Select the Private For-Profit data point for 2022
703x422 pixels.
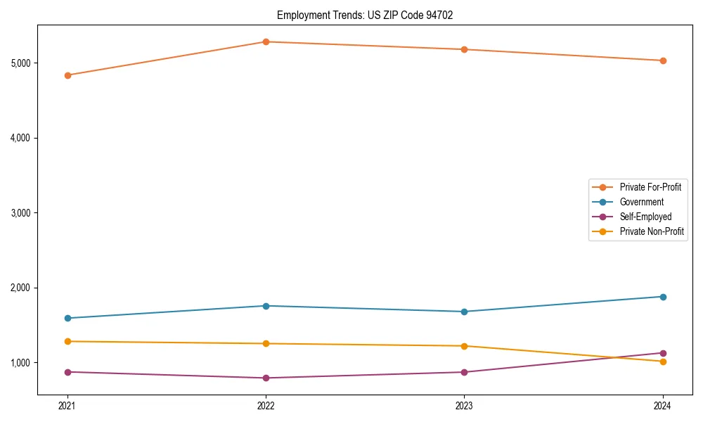pyautogui.click(x=266, y=41)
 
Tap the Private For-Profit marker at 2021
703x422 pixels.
pyautogui.click(x=67, y=75)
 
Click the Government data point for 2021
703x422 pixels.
pyautogui.click(x=67, y=318)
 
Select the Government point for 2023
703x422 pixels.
pyautogui.click(x=464, y=312)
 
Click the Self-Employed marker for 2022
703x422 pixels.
pyautogui.click(x=266, y=378)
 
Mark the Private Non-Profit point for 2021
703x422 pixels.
pyautogui.click(x=67, y=341)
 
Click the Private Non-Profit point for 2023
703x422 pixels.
pyautogui.click(x=464, y=346)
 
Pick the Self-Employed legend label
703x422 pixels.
pyautogui.click(x=645, y=217)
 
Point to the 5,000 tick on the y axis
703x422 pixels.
pyautogui.click(x=20, y=63)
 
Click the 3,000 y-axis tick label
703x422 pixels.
pyautogui.click(x=20, y=213)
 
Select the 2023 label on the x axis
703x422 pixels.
pyautogui.click(x=464, y=406)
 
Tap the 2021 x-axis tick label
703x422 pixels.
pyautogui.click(x=67, y=406)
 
